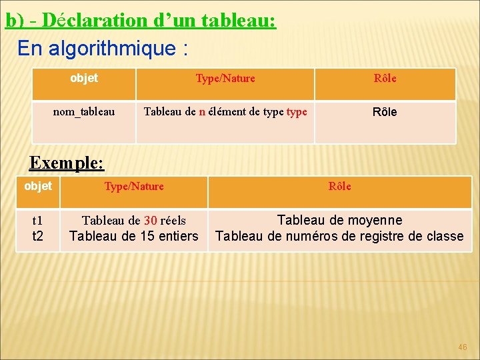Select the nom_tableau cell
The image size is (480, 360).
click(x=84, y=111)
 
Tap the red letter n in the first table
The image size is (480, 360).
click(x=202, y=111)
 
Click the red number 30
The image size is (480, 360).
click(x=151, y=220)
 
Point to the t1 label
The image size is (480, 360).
click(x=37, y=220)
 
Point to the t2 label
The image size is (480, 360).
click(x=37, y=235)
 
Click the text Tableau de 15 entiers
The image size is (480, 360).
click(x=134, y=235)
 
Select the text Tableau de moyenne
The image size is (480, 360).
click(x=339, y=220)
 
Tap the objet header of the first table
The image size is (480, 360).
click(x=84, y=78)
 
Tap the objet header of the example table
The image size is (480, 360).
click(x=37, y=186)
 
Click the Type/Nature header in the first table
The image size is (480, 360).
click(x=225, y=79)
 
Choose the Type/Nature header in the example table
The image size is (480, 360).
click(x=134, y=187)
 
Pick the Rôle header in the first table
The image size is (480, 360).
click(x=385, y=79)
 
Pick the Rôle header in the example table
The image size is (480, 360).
click(x=340, y=187)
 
